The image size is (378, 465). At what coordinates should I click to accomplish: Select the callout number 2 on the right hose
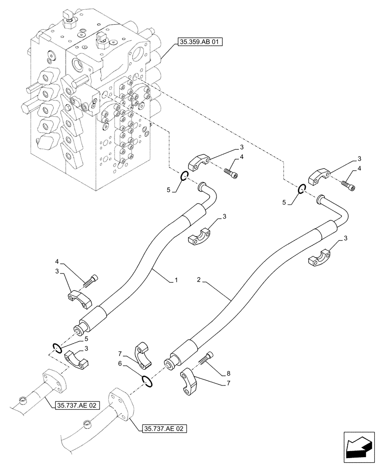[198, 280]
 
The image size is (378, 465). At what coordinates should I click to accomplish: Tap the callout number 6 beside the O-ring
[120, 366]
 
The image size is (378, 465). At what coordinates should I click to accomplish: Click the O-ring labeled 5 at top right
[302, 189]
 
